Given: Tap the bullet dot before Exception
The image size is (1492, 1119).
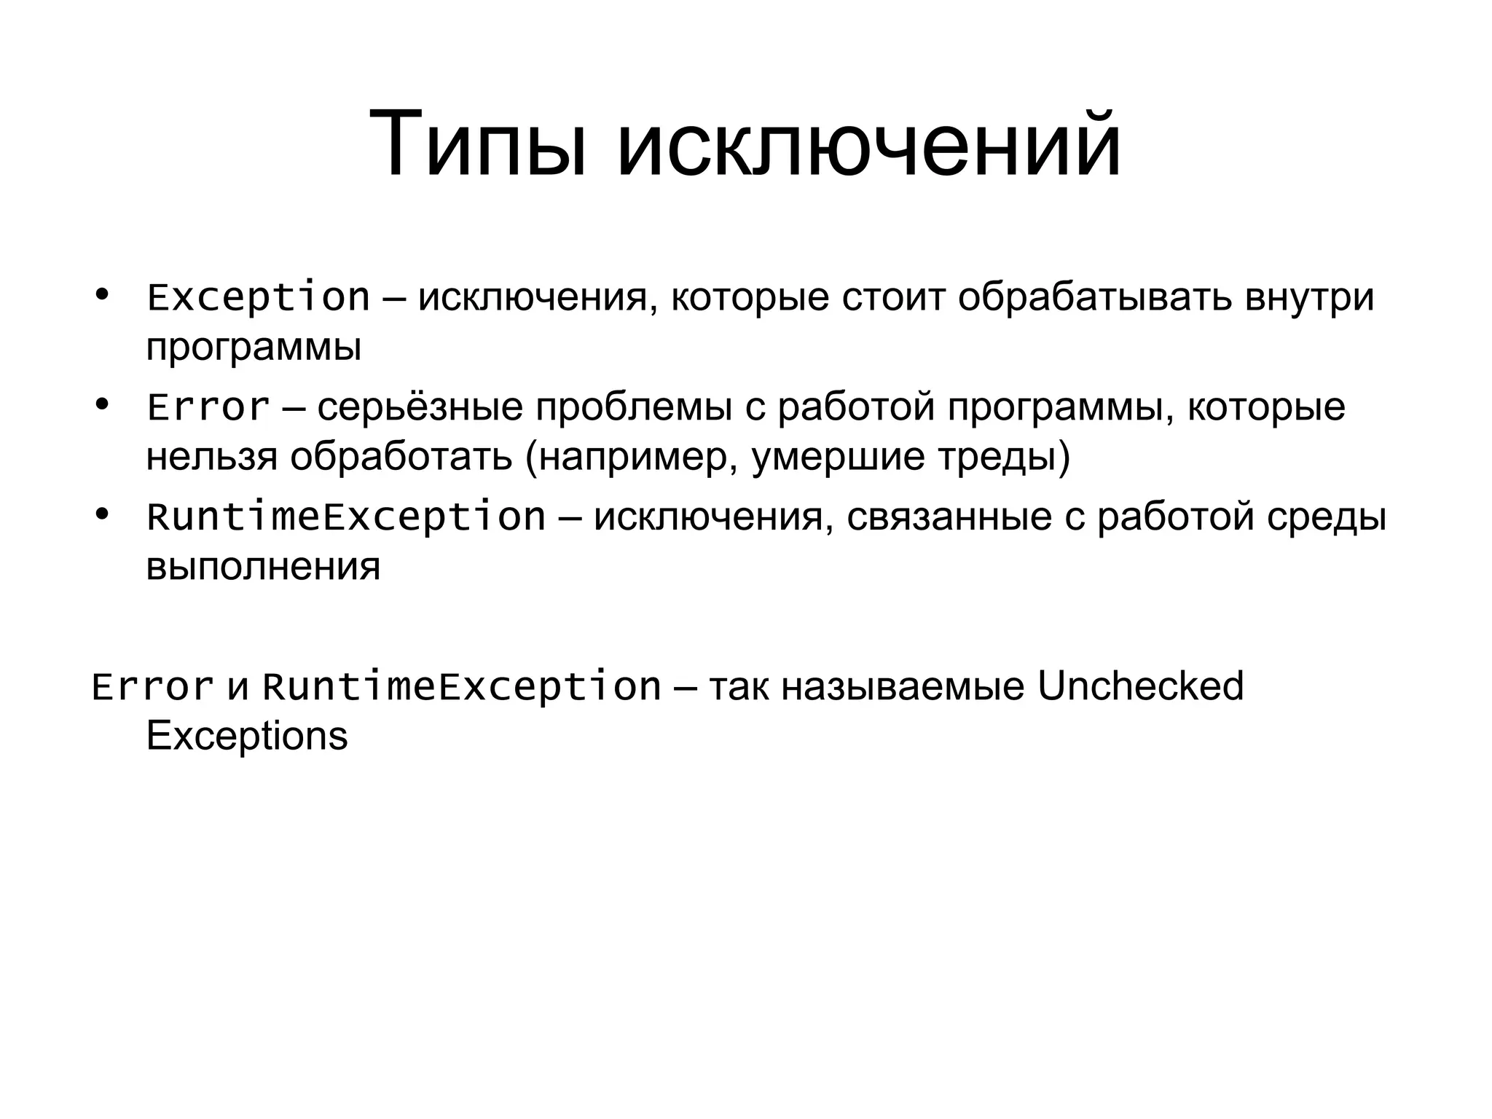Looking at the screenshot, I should pos(102,295).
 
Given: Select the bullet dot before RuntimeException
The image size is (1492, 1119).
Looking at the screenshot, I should pos(102,515).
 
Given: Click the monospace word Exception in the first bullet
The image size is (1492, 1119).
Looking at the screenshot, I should pos(259,298).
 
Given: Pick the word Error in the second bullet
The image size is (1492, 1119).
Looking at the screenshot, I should pos(208,407).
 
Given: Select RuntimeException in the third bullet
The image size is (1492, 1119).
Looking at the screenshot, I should pos(346,517).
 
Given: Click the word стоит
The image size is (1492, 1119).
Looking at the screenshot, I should pos(893,298).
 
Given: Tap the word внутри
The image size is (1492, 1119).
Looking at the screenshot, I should pos(1309,298).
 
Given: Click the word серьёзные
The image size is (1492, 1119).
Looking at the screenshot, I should pos(420,407).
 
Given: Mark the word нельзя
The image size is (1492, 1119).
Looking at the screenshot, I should pos(212,458).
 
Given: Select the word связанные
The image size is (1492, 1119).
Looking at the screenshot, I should pos(949,517).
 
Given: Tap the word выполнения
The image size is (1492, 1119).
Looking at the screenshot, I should pos(263,567).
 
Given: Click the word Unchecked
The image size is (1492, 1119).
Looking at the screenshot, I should pos(1140,686).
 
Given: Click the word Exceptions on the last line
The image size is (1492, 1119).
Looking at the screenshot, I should pos(247,737).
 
